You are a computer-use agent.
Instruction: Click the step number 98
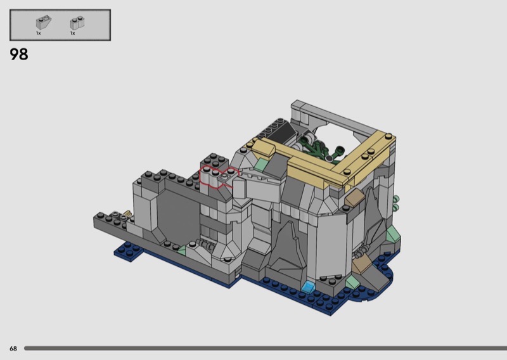pyautogui.click(x=19, y=54)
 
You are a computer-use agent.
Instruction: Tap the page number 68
pyautogui.click(x=13, y=349)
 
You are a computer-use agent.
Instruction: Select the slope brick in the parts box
pyautogui.click(x=43, y=22)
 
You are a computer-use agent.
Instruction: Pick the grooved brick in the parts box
pyautogui.click(x=77, y=23)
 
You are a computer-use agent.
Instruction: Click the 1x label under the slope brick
pyautogui.click(x=39, y=34)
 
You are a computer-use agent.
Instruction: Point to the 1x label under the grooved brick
pyautogui.click(x=73, y=34)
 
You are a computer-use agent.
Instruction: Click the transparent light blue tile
pyautogui.click(x=308, y=286)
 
